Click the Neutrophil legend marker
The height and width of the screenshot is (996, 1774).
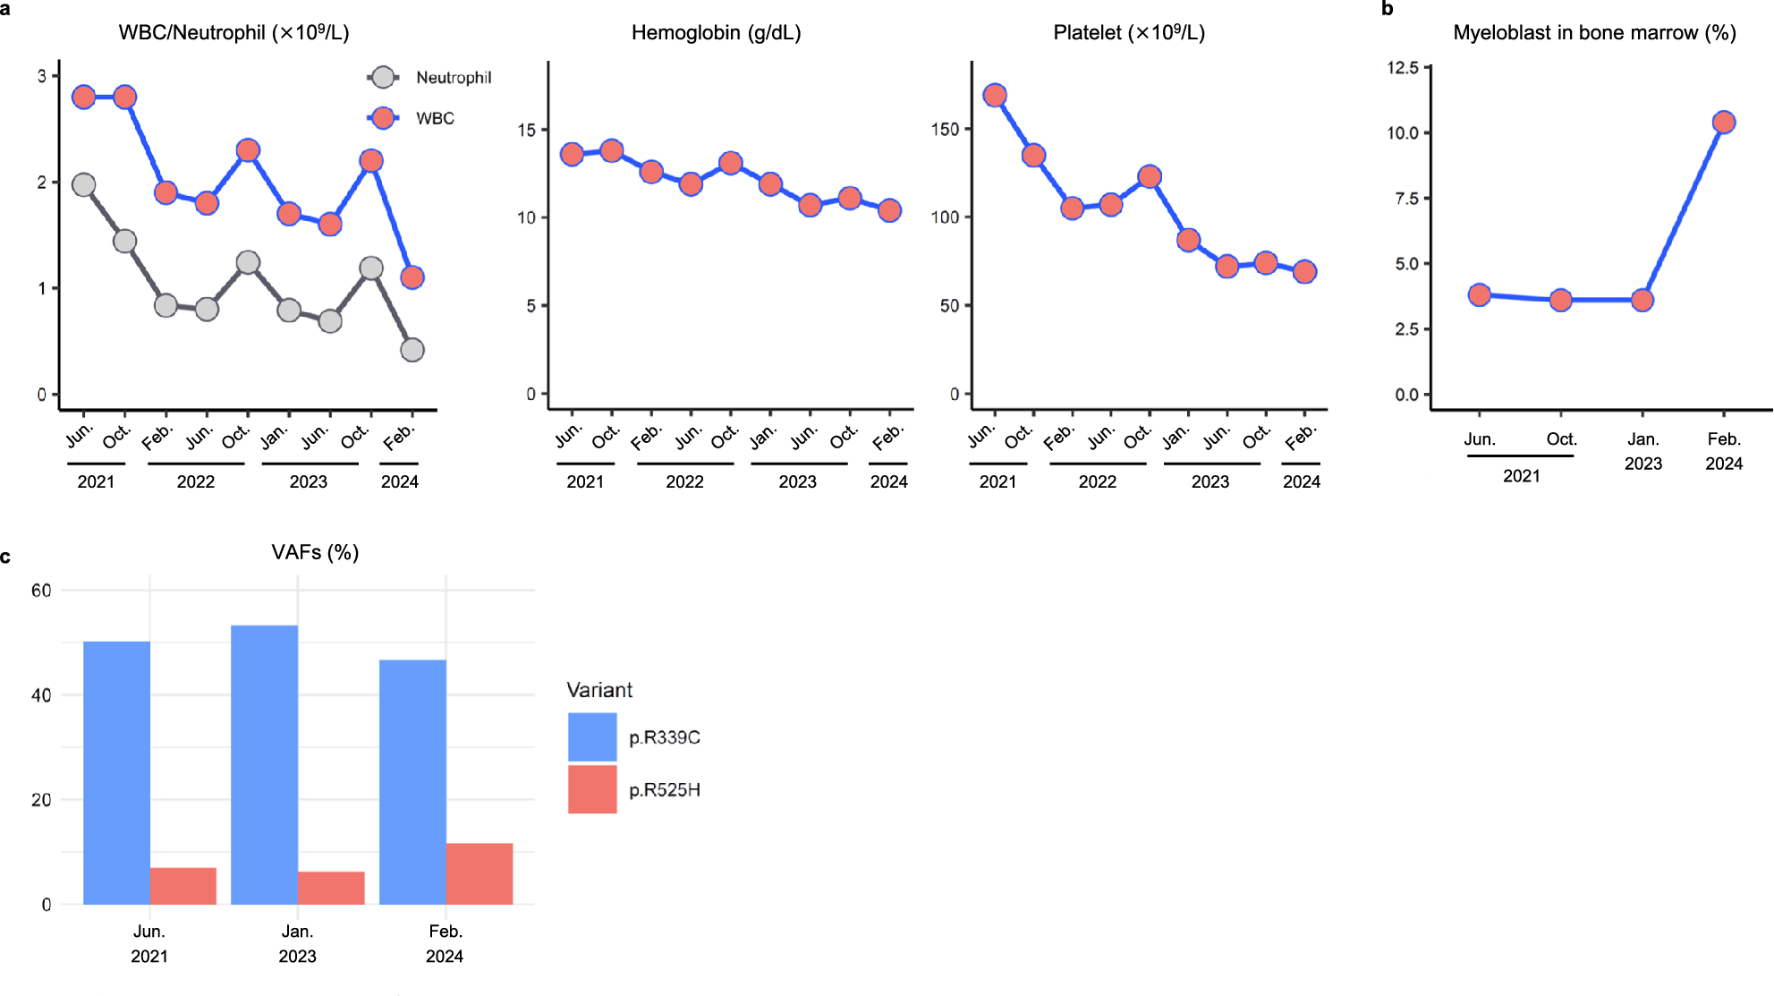click(x=383, y=78)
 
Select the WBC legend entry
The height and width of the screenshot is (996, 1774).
click(x=435, y=118)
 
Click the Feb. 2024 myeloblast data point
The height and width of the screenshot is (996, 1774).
click(x=1724, y=123)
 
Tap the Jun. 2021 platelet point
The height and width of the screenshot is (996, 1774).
click(x=995, y=96)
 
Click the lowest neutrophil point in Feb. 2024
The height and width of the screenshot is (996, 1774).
click(x=412, y=350)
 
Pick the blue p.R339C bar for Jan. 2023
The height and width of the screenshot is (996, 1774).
click(x=265, y=765)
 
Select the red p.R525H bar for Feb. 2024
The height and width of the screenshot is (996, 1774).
click(x=480, y=873)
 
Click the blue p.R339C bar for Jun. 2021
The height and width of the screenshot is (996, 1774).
click(x=116, y=772)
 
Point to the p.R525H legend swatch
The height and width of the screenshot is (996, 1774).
click(x=592, y=789)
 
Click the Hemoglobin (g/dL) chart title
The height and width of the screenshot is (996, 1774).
click(x=716, y=33)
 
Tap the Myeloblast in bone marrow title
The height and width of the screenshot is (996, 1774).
click(x=1594, y=33)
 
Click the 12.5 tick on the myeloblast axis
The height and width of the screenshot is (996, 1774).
click(x=1403, y=68)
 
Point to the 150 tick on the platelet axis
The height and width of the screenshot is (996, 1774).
click(x=945, y=129)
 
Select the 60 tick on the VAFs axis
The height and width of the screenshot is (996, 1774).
click(x=41, y=591)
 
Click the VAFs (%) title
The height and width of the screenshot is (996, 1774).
click(x=315, y=552)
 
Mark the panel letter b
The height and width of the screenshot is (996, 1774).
click(x=1388, y=9)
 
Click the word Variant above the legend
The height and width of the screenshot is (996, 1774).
click(x=599, y=690)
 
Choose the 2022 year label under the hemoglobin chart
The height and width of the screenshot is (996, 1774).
click(x=684, y=481)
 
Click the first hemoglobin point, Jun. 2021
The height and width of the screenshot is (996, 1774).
click(x=572, y=154)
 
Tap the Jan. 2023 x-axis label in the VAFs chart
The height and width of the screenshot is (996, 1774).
click(x=297, y=943)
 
